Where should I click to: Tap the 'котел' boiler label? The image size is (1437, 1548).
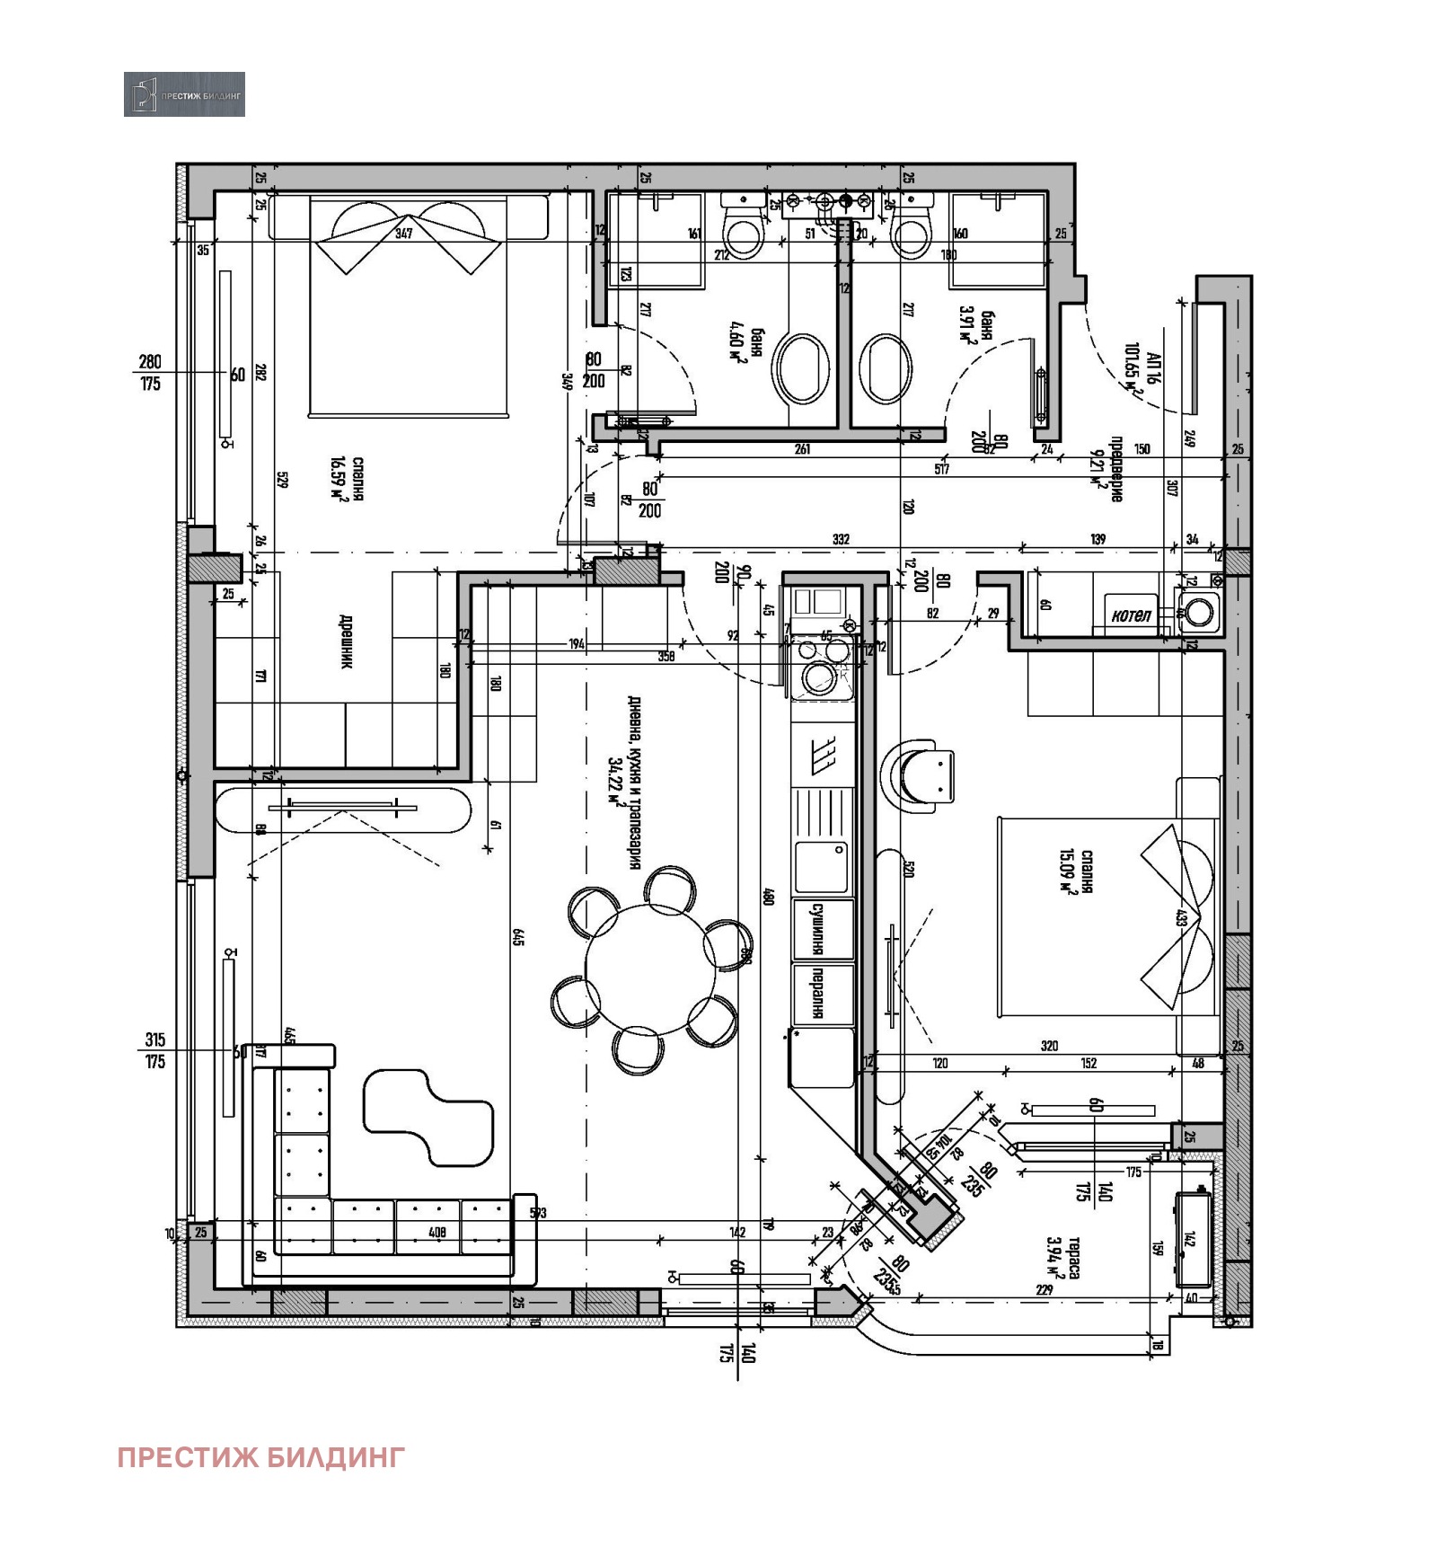click(x=1131, y=615)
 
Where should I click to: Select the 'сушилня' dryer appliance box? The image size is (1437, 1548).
click(x=821, y=928)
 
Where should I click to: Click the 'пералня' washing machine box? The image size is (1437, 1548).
click(x=821, y=993)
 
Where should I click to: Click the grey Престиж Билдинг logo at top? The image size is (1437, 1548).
click(x=184, y=94)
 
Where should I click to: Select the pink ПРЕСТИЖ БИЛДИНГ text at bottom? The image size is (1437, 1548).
click(x=261, y=1456)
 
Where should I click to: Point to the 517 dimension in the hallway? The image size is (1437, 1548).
click(x=940, y=469)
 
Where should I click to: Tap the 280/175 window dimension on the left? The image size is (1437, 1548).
click(x=150, y=373)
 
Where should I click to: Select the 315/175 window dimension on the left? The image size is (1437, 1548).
click(x=154, y=1050)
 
